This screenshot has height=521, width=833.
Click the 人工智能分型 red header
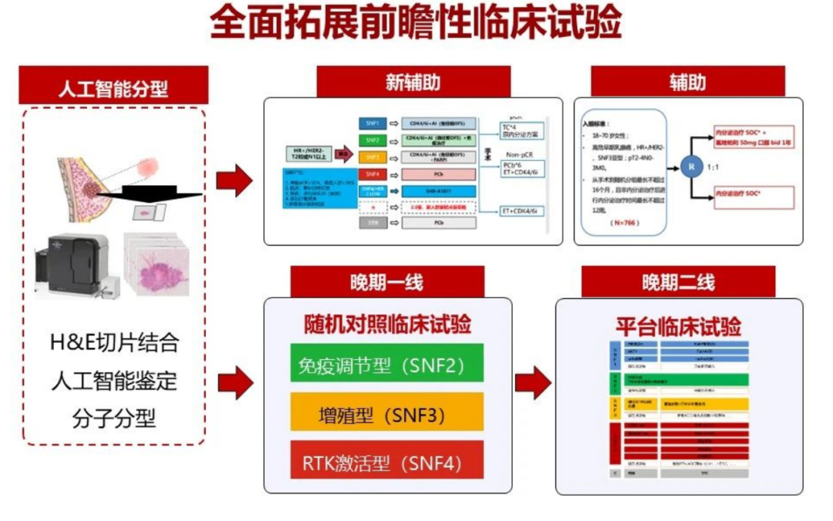click(113, 86)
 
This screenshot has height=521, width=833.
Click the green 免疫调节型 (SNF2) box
click(386, 362)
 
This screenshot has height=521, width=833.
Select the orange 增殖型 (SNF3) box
click(386, 412)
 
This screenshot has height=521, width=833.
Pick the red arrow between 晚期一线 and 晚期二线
click(533, 382)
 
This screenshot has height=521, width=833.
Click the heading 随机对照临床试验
click(386, 324)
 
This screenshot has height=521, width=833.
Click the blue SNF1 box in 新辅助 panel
click(373, 123)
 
